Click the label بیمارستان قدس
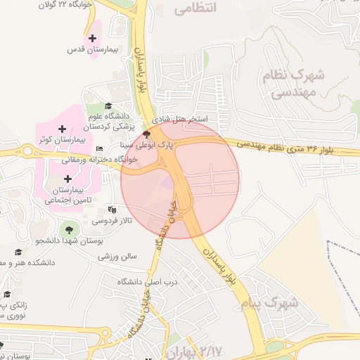click(x=86, y=50)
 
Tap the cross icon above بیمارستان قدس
click(x=92, y=37)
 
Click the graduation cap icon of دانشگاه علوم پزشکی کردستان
click(x=108, y=105)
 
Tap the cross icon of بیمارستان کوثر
click(x=63, y=129)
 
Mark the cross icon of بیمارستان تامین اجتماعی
click(x=67, y=179)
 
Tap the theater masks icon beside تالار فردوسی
click(x=111, y=210)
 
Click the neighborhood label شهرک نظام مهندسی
click(x=296, y=83)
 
